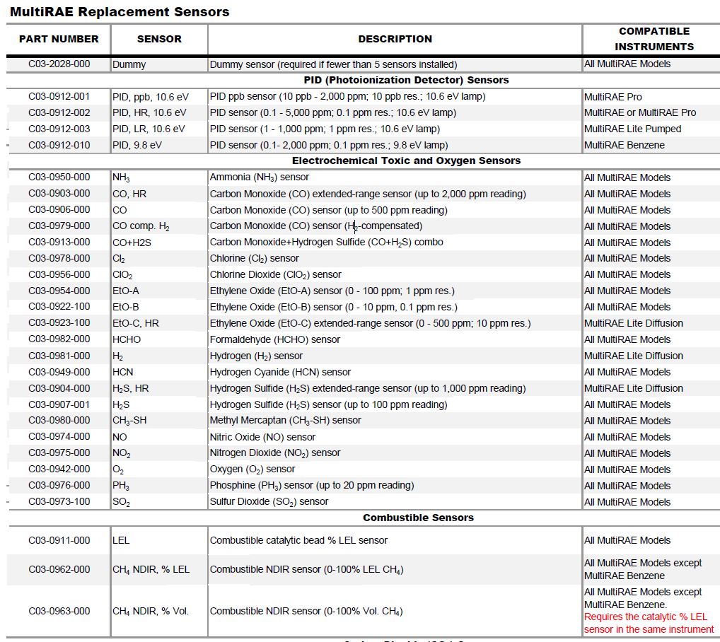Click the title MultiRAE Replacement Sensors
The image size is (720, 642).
[120, 12]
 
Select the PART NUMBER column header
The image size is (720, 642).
[59, 39]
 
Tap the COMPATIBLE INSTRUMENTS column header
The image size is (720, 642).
[654, 39]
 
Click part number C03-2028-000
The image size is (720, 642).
[59, 64]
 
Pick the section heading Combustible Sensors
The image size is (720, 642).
[418, 518]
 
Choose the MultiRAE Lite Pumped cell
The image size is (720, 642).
[632, 129]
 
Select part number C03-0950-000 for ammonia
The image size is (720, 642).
[59, 177]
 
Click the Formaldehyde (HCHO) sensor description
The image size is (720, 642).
[275, 339]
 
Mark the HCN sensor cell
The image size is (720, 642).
[123, 372]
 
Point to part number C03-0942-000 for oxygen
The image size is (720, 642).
[59, 469]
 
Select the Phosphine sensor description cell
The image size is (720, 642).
[312, 485]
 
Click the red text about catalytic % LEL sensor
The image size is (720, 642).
[649, 623]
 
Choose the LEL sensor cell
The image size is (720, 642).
[121, 540]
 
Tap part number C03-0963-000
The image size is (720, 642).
[59, 611]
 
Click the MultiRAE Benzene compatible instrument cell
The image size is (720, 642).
[624, 145]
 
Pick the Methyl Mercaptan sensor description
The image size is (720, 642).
[286, 420]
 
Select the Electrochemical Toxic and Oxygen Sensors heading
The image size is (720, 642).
[406, 160]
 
